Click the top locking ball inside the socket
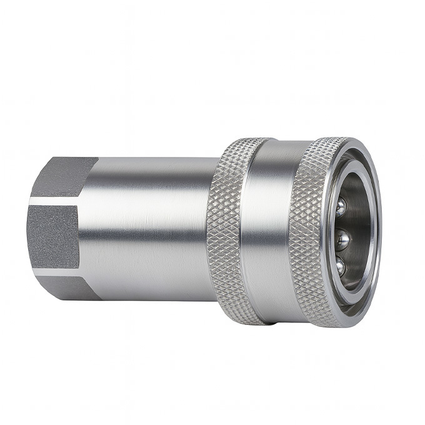coord(340,207)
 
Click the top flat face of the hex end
coord(62,178)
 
